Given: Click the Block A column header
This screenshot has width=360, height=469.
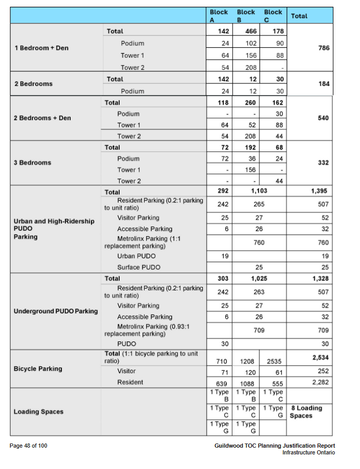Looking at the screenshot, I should coord(218,16).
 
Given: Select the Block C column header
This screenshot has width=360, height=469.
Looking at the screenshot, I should coord(273,16).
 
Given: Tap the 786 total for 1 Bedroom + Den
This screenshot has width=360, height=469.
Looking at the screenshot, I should coord(324,47).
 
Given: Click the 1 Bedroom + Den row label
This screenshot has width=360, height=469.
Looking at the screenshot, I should coord(41,48).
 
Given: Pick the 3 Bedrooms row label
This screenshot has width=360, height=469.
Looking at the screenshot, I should coord(33,162).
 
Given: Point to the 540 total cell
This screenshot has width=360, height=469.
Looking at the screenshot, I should coord(323,118).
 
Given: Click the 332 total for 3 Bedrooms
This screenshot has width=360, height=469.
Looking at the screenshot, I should coord(323,163).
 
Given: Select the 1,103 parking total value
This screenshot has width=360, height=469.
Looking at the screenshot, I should coord(259,191).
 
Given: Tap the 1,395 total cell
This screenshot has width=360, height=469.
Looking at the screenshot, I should coord(319,191).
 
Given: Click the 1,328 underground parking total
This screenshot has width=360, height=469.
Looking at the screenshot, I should coord(319,278).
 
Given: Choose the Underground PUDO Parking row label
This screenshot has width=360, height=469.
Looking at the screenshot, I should coord(56,311).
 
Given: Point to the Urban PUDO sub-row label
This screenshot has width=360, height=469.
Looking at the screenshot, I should coord(136,256).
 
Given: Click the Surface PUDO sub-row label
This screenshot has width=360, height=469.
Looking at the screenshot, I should coord(138,267).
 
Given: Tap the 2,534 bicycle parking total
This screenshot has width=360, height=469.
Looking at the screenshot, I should coord(319,358).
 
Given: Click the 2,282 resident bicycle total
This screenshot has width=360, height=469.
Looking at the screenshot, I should coord(319,382).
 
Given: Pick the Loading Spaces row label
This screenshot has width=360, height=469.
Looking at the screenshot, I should coord(38,412).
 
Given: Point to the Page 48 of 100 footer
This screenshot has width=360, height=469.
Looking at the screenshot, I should coord(29,446).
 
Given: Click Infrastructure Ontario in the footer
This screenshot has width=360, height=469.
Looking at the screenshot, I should coord(308,452).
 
